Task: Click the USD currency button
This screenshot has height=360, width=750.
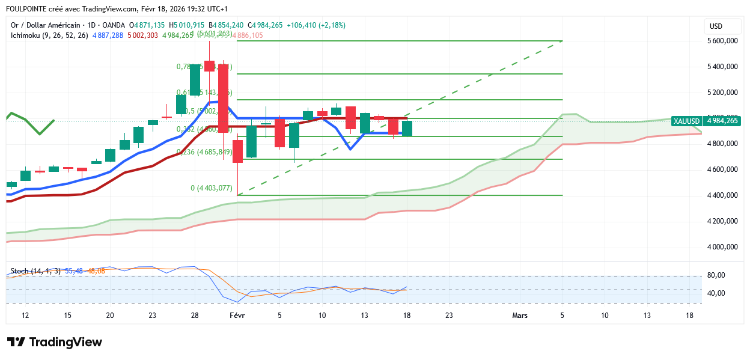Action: pyautogui.click(x=716, y=26)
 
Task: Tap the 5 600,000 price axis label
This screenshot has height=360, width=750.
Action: pyautogui.click(x=723, y=41)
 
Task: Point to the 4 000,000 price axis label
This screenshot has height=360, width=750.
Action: pyautogui.click(x=723, y=247)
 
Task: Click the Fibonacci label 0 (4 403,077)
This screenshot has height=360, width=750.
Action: pyautogui.click(x=211, y=188)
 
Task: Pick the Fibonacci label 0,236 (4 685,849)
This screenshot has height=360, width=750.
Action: pyautogui.click(x=204, y=152)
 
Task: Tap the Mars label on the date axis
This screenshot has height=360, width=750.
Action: pyautogui.click(x=519, y=316)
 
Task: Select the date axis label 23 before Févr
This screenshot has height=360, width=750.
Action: pyautogui.click(x=152, y=316)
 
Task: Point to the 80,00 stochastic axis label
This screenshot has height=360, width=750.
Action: pyautogui.click(x=717, y=275)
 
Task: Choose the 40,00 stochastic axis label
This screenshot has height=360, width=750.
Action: pyautogui.click(x=717, y=293)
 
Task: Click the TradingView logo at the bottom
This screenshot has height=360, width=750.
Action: pyautogui.click(x=55, y=342)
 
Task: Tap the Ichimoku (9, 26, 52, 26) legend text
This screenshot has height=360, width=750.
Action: pyautogui.click(x=49, y=35)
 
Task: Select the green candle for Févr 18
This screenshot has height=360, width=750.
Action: pyautogui.click(x=407, y=128)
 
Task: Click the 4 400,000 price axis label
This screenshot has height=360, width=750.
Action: pyautogui.click(x=723, y=195)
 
